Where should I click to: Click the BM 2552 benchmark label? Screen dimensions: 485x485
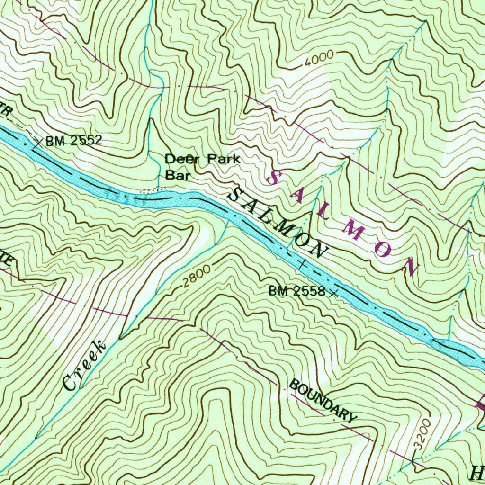[x=73, y=140]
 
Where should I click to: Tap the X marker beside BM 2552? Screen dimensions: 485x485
[x=38, y=142]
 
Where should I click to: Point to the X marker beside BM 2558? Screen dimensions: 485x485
[x=334, y=293]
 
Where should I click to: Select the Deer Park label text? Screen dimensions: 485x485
[x=202, y=159]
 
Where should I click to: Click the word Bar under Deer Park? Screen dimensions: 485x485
[x=178, y=175]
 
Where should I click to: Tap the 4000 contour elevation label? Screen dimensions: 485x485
[x=319, y=60]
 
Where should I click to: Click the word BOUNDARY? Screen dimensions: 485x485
[x=322, y=400]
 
